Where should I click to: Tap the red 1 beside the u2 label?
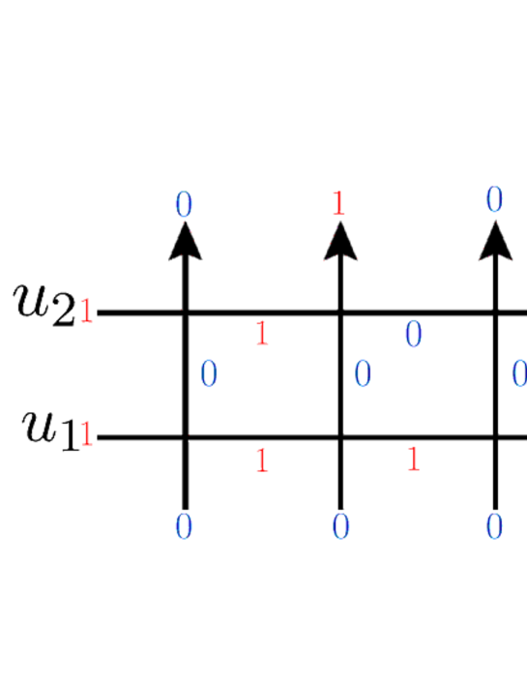point(86,313)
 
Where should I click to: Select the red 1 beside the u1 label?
point(87,436)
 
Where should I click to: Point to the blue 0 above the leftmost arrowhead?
point(184,204)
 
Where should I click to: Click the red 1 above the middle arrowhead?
point(338,203)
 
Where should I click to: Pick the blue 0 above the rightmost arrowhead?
point(494,200)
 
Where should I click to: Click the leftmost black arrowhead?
point(185,241)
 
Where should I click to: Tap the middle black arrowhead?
point(339,241)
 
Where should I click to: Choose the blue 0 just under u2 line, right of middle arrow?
point(414,335)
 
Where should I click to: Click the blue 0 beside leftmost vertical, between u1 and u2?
point(208,374)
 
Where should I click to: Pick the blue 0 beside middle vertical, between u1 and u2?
point(363,374)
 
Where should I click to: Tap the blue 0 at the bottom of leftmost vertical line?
point(184,527)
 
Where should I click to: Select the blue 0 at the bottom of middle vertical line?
point(339,527)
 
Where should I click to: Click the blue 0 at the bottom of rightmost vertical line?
point(494,527)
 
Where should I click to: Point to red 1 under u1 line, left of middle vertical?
point(261,460)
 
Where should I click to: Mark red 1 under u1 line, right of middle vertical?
point(414,460)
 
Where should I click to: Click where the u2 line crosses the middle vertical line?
point(339,312)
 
